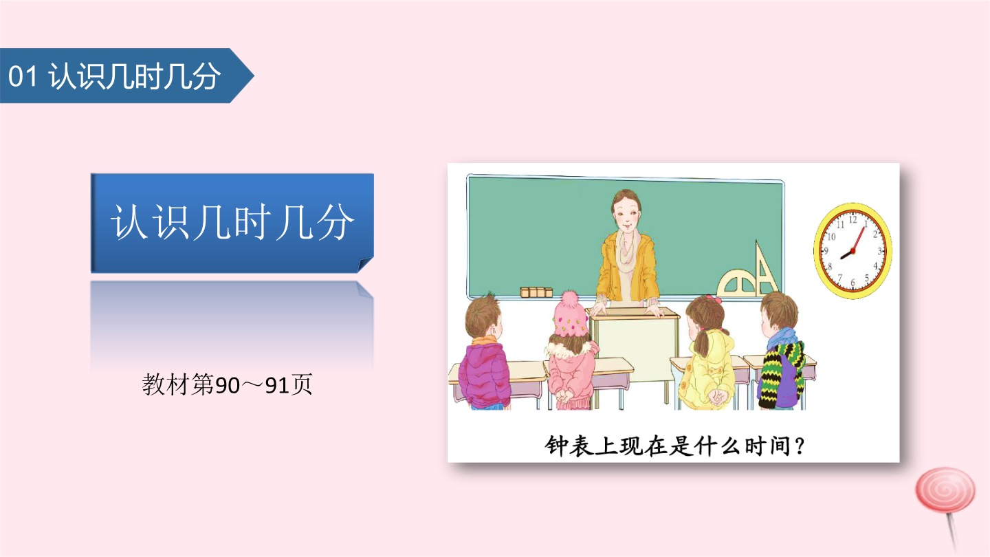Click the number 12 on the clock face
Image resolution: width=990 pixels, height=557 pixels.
pyautogui.click(x=853, y=220)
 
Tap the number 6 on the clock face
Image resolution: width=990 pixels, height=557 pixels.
pyautogui.click(x=852, y=282)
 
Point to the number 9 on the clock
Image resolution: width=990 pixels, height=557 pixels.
pyautogui.click(x=825, y=251)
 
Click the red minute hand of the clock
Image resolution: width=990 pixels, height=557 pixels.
pyautogui.click(x=858, y=239)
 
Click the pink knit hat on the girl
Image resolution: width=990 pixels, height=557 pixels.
pyautogui.click(x=570, y=314)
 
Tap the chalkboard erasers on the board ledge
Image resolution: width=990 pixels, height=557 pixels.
pyautogui.click(x=536, y=292)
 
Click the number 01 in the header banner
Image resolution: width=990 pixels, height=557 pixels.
pyautogui.click(x=23, y=76)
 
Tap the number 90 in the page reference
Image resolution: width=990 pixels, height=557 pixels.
pyautogui.click(x=227, y=386)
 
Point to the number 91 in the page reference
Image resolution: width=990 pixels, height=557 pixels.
pyautogui.click(x=277, y=386)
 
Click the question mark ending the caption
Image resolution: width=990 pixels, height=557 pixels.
pyautogui.click(x=799, y=446)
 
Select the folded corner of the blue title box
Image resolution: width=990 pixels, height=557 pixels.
pyautogui.click(x=366, y=264)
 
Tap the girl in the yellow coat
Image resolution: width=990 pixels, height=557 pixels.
pyautogui.click(x=707, y=352)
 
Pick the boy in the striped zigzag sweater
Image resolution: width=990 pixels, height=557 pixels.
pyautogui.click(x=782, y=351)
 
